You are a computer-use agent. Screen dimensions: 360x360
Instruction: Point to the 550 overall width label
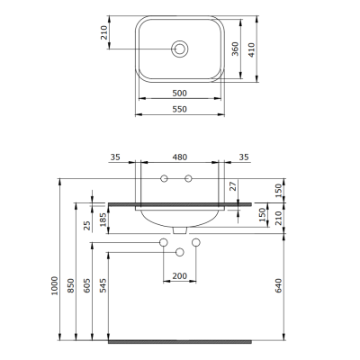pyautogui.click(x=181, y=108)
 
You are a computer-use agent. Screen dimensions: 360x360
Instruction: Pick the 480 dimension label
pyautogui.click(x=181, y=157)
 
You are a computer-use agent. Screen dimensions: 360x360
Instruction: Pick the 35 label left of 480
pyautogui.click(x=114, y=157)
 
